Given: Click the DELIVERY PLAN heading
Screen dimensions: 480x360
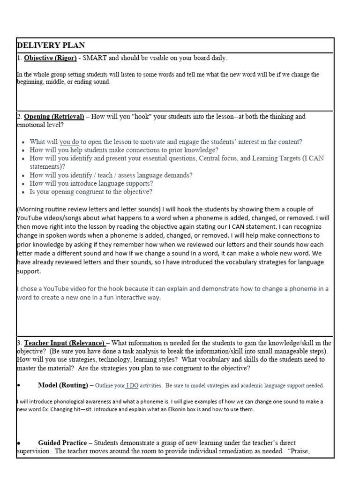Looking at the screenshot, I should pos(51,45).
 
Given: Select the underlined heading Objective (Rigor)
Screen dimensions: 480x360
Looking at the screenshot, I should pos(45,58).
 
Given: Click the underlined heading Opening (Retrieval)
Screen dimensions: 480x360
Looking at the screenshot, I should pos(54,116).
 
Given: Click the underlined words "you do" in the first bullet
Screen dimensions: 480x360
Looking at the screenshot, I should pos(69,142).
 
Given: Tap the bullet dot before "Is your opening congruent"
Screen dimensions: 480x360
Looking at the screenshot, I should pos(23,192).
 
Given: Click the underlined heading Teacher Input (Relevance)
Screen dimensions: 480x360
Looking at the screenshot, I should pos(65,343).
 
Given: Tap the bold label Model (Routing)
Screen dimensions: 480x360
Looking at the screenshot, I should pos(63,385).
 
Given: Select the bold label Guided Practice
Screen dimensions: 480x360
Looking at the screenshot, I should pos(62,442).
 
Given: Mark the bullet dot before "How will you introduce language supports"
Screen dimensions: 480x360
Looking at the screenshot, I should pos(23,184).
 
